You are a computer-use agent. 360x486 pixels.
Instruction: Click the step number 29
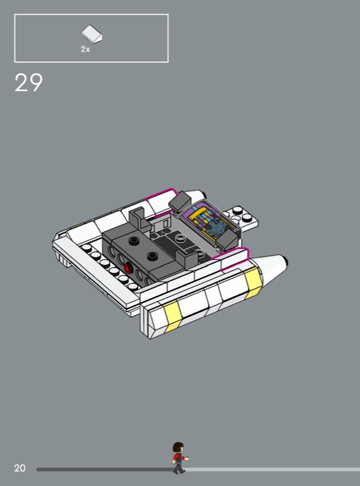pyautogui.click(x=29, y=83)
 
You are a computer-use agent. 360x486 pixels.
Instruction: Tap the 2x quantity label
pyautogui.click(x=85, y=49)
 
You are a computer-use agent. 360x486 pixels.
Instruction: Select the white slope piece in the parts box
pyautogui.click(x=92, y=34)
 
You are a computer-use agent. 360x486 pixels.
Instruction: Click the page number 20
pyautogui.click(x=20, y=468)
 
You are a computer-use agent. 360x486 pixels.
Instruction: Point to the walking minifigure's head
pyautogui.click(x=178, y=448)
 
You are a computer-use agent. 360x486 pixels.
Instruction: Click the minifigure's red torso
pyautogui.click(x=178, y=457)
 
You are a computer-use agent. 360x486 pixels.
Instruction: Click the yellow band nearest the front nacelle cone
pyautogui.click(x=253, y=282)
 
